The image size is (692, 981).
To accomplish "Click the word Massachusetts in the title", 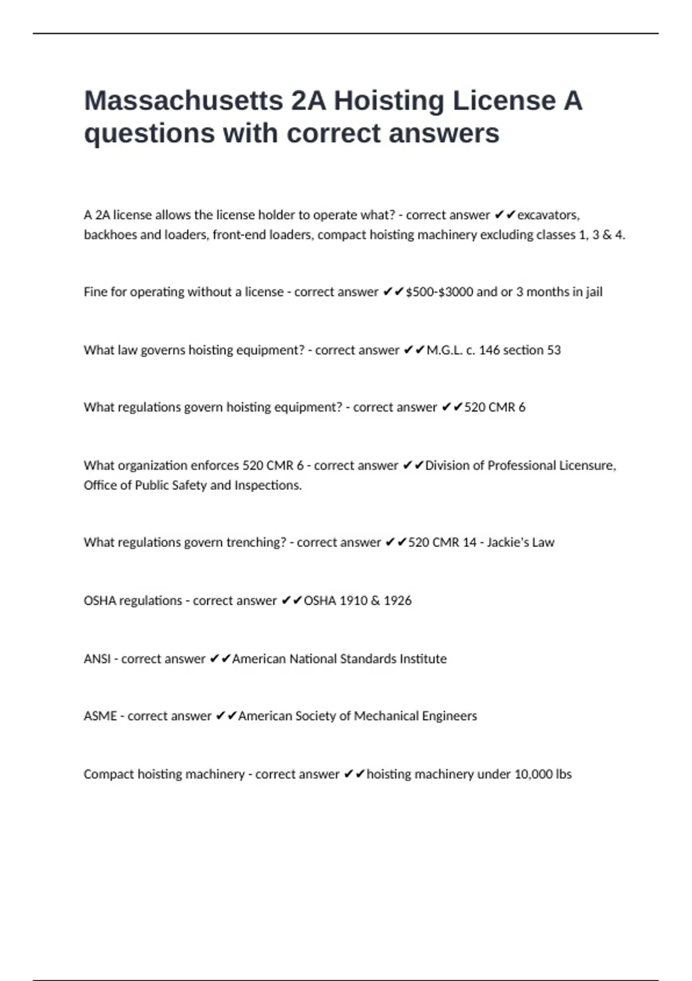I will pos(183,101).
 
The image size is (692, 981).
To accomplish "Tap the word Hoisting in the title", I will pos(388,101).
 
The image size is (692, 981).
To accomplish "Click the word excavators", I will pos(548,215).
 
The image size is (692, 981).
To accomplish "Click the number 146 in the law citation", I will pos(489,350).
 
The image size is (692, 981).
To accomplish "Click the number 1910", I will pos(353,601).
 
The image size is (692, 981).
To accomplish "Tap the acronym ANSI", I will pos(97,659).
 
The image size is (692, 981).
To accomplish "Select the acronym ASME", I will pos(100,716).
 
